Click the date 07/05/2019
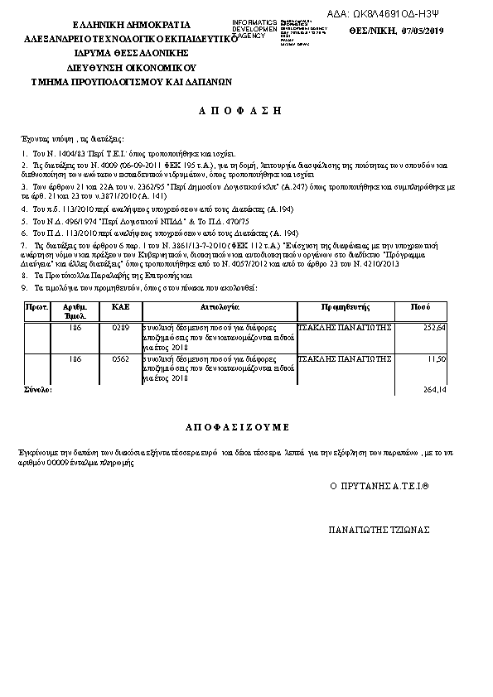click(x=423, y=31)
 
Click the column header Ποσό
click(x=421, y=307)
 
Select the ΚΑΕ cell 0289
click(x=121, y=328)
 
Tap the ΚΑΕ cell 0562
click(x=121, y=359)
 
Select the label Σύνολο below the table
click(x=38, y=388)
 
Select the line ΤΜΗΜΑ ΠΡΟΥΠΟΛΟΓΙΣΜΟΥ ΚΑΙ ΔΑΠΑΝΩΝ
click(x=131, y=82)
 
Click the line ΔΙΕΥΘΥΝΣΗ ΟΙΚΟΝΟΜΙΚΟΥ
click(x=130, y=68)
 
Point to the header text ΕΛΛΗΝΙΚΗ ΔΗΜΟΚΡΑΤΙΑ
click(x=131, y=25)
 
